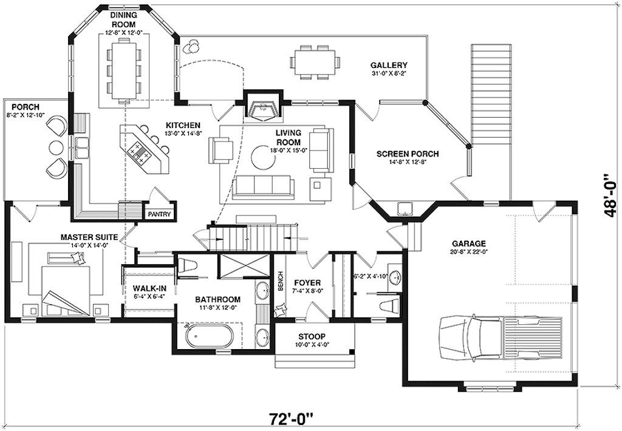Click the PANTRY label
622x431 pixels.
pyautogui.click(x=159, y=214)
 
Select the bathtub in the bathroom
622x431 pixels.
pyautogui.click(x=210, y=336)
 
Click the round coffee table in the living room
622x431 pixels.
pyautogui.click(x=262, y=157)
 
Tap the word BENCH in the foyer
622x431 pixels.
pyautogui.click(x=281, y=281)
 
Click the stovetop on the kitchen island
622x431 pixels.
pyautogui.click(x=139, y=152)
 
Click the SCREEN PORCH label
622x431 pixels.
pyautogui.click(x=408, y=154)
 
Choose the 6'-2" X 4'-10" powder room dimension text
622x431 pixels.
pyautogui.click(x=370, y=276)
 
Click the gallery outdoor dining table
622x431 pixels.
pyautogui.click(x=315, y=63)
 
